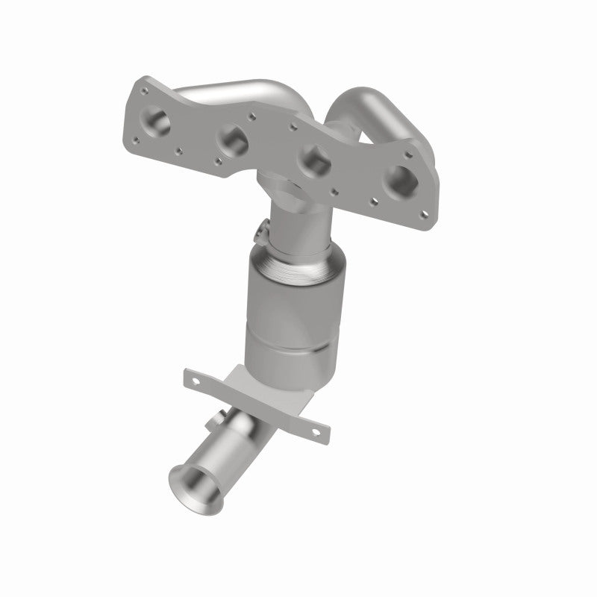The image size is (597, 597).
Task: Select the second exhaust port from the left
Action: pyautogui.click(x=230, y=137)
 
